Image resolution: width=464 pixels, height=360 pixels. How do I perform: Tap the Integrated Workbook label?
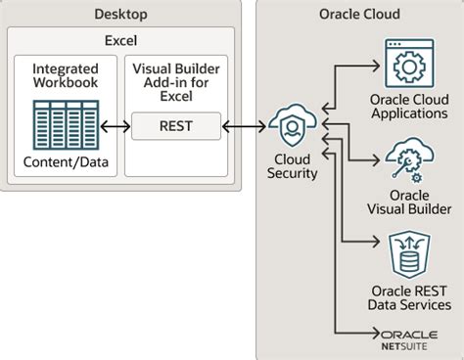coord(64,77)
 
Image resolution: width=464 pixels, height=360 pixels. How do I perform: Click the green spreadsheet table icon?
coord(64,125)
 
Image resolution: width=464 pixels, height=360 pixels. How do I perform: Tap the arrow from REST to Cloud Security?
coord(242,126)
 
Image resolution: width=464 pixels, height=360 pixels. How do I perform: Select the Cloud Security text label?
coord(293,165)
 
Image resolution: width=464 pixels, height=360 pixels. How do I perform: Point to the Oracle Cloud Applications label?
coord(410,106)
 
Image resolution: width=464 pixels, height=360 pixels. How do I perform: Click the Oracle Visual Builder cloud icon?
coord(410,160)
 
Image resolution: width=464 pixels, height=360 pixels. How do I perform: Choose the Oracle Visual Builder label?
coord(410,202)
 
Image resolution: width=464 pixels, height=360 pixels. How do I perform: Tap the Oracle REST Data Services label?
coord(410,297)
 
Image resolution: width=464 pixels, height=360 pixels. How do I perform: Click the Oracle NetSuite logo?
coord(410,337)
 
